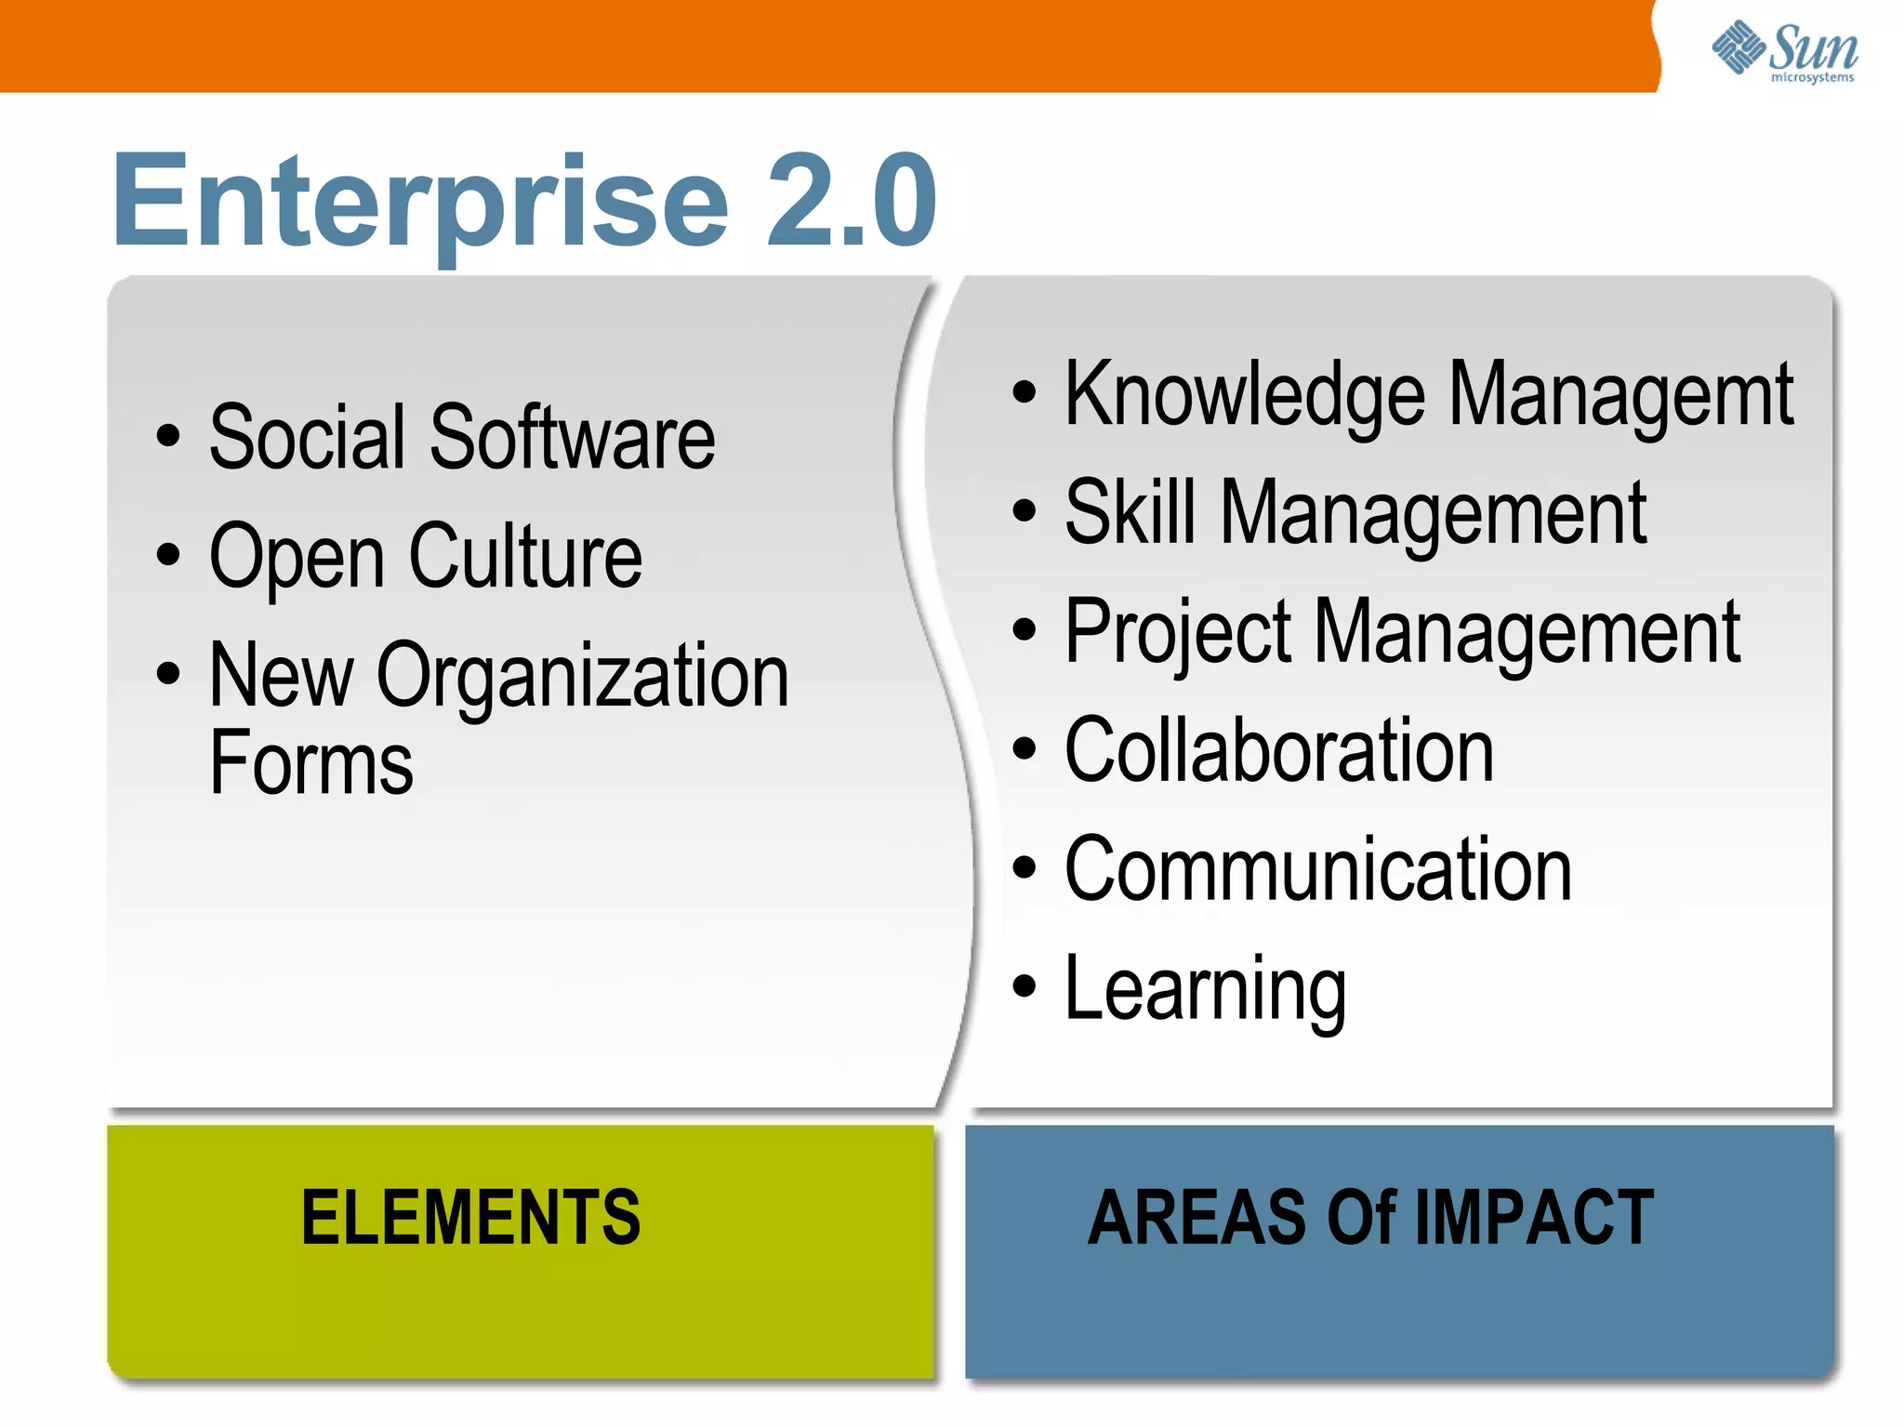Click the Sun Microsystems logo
click(x=1785, y=51)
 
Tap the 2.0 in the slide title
click(x=851, y=202)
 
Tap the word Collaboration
click(x=1279, y=750)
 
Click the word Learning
click(x=1205, y=990)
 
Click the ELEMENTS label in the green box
click(x=471, y=1218)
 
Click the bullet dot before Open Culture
click(x=168, y=554)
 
